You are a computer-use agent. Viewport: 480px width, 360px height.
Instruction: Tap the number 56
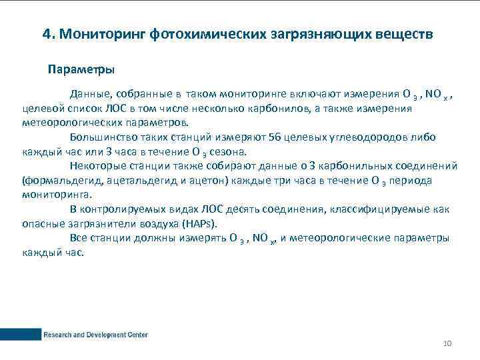click(x=275, y=137)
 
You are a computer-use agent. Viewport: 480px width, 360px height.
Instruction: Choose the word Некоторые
click(x=97, y=165)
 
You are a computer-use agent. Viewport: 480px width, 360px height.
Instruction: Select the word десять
click(x=249, y=209)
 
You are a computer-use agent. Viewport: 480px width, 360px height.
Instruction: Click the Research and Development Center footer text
click(x=95, y=335)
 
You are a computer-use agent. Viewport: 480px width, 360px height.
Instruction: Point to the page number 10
click(x=447, y=343)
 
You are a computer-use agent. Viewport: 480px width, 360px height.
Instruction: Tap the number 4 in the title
click(x=46, y=34)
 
